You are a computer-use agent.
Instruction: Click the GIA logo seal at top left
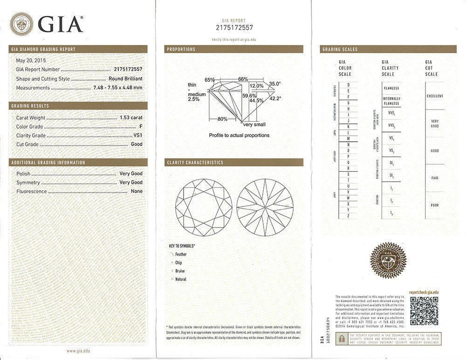(x=21, y=24)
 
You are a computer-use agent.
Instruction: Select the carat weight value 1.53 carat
(x=130, y=118)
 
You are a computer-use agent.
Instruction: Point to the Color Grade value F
(x=141, y=127)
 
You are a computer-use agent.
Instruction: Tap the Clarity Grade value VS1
(x=137, y=136)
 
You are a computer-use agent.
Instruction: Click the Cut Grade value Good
(x=137, y=145)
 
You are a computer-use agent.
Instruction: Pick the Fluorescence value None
(x=137, y=191)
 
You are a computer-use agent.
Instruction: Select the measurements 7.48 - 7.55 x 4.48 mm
(x=118, y=88)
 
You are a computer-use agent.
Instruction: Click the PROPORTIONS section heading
(x=181, y=49)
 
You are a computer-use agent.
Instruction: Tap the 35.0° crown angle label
(x=275, y=84)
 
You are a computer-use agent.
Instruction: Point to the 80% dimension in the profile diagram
(x=222, y=119)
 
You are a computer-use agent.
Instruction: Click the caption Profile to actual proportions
(x=239, y=135)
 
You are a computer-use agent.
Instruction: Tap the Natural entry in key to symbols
(x=180, y=279)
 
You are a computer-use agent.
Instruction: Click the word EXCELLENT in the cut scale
(x=434, y=96)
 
